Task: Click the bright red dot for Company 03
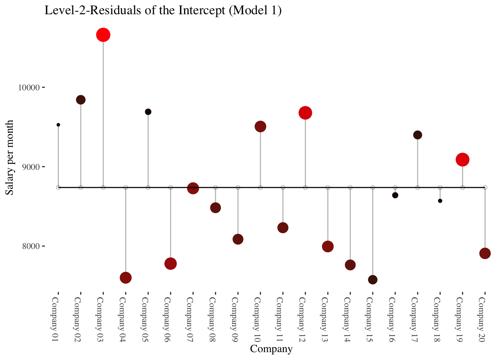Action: click(103, 35)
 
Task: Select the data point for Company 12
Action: click(305, 113)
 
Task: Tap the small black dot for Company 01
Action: click(58, 125)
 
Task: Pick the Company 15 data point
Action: click(373, 280)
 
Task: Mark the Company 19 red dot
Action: click(462, 160)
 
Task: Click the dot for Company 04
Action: click(126, 278)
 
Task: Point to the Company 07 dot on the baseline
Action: click(193, 188)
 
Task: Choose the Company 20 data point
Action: click(485, 253)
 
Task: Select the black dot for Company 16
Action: click(395, 195)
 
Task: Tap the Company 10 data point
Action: click(260, 126)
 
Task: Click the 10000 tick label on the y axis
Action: click(29, 88)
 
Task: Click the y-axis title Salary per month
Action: click(10, 157)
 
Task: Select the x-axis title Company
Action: click(271, 349)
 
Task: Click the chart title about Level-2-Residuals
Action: click(163, 10)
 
